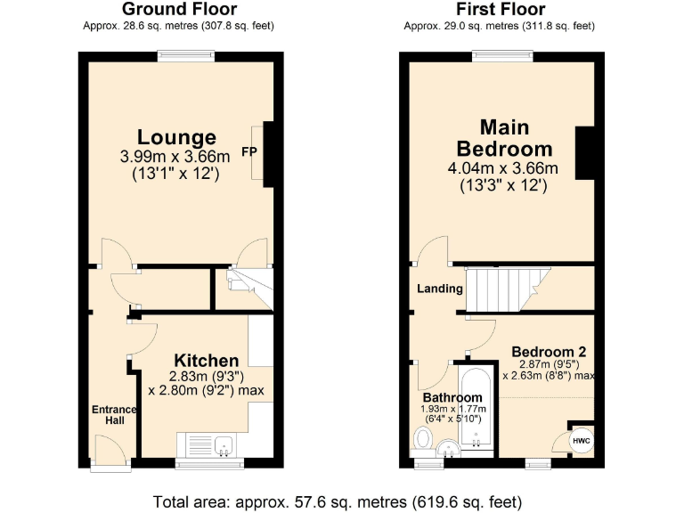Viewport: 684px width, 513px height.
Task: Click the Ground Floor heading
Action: [x=179, y=10]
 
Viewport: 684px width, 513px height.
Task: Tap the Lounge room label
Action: [x=176, y=137]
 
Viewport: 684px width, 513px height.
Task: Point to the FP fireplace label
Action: [x=250, y=152]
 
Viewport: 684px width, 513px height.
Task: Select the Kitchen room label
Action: [x=206, y=361]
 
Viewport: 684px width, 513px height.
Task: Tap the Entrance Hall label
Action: [x=115, y=415]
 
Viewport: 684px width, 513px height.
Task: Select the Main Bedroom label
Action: [x=503, y=137]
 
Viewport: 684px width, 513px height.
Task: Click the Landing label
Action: [x=441, y=289]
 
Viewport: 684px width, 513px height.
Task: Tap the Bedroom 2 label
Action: [x=548, y=351]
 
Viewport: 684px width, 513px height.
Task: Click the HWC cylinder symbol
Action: [x=580, y=441]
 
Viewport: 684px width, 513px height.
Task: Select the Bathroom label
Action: [x=452, y=397]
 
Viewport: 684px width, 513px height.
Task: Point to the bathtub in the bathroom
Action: [x=476, y=410]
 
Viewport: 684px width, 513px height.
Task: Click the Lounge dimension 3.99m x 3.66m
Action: [x=175, y=157]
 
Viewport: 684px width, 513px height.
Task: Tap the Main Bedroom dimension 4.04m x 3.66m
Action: [x=503, y=168]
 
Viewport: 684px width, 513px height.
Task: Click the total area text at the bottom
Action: [x=338, y=500]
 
